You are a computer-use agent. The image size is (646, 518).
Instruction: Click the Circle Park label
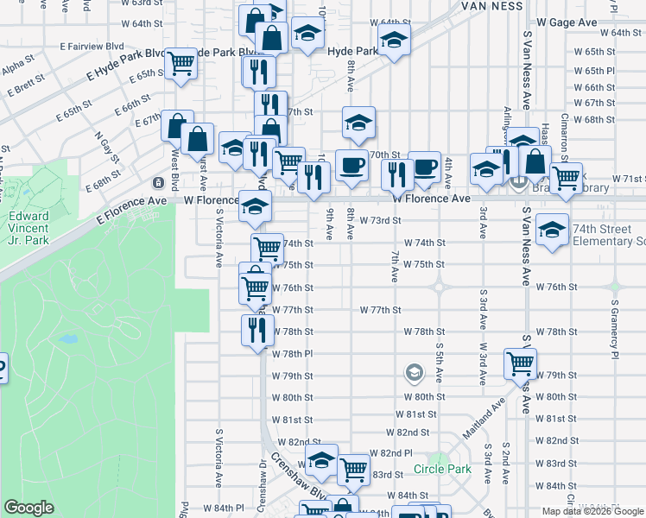442,469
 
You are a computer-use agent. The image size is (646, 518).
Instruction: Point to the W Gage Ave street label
567,21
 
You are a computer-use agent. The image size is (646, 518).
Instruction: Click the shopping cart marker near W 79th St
521,364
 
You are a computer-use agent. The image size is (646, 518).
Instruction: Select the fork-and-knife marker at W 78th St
257,330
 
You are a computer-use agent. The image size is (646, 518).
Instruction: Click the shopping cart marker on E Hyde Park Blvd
181,63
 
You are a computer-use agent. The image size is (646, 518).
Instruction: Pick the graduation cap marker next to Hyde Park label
394,40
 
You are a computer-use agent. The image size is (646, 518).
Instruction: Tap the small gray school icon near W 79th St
414,374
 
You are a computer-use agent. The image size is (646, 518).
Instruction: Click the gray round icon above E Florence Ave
158,183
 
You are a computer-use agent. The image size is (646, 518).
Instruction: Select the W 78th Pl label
291,354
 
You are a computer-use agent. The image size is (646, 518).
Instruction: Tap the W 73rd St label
381,220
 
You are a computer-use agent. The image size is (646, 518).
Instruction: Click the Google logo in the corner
29,508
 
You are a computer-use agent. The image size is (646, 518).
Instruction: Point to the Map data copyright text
593,511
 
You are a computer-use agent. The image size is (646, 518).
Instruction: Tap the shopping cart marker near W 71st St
567,177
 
